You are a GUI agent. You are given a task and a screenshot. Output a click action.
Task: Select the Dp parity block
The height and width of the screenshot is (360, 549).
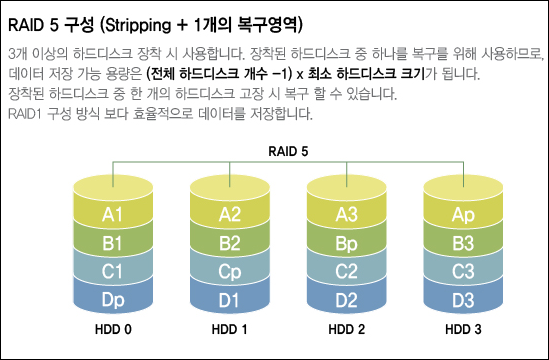113,298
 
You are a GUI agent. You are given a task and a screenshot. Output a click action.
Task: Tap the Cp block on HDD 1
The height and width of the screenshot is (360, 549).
230,270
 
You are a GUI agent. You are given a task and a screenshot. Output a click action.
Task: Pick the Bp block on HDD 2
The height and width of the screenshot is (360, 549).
346,241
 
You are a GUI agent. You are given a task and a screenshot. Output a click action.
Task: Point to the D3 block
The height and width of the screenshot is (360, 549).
463,298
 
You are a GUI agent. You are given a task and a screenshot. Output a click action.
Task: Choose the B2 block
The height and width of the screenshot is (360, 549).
230,241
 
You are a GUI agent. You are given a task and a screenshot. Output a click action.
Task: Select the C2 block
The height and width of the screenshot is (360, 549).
346,270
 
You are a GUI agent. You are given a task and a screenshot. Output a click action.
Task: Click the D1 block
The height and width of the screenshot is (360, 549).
230,298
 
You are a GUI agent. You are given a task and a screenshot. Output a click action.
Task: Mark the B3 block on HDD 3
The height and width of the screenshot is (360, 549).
463,241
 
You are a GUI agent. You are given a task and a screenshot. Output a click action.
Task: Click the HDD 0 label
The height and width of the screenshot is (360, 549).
113,329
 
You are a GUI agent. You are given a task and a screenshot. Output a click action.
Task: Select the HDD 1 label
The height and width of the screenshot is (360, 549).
229,329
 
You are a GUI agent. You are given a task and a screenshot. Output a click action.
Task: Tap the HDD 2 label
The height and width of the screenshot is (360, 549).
347,329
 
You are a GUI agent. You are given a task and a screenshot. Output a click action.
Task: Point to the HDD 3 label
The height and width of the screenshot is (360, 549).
463,329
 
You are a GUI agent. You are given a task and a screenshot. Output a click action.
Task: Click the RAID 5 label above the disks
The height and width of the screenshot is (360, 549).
288,151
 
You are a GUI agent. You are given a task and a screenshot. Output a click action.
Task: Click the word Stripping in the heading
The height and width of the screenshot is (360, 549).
138,26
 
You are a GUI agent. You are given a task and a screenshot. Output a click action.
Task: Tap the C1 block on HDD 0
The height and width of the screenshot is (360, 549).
113,270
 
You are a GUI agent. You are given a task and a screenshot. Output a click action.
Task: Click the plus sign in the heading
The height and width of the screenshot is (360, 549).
182,26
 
